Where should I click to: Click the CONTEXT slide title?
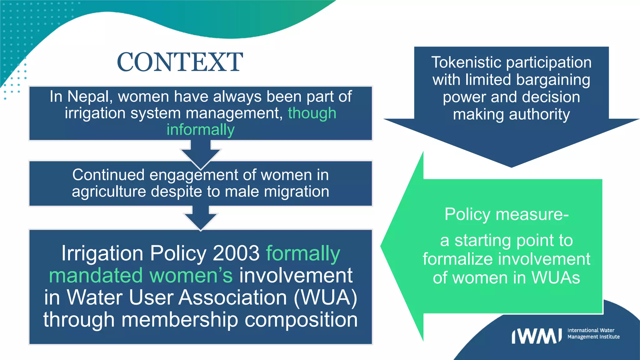[180, 62]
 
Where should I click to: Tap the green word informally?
[200, 130]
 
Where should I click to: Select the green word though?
[312, 113]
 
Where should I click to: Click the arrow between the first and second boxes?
[201, 153]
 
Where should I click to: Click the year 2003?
[236, 253]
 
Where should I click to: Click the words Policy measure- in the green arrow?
[506, 214]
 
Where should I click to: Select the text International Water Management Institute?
[593, 333]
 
